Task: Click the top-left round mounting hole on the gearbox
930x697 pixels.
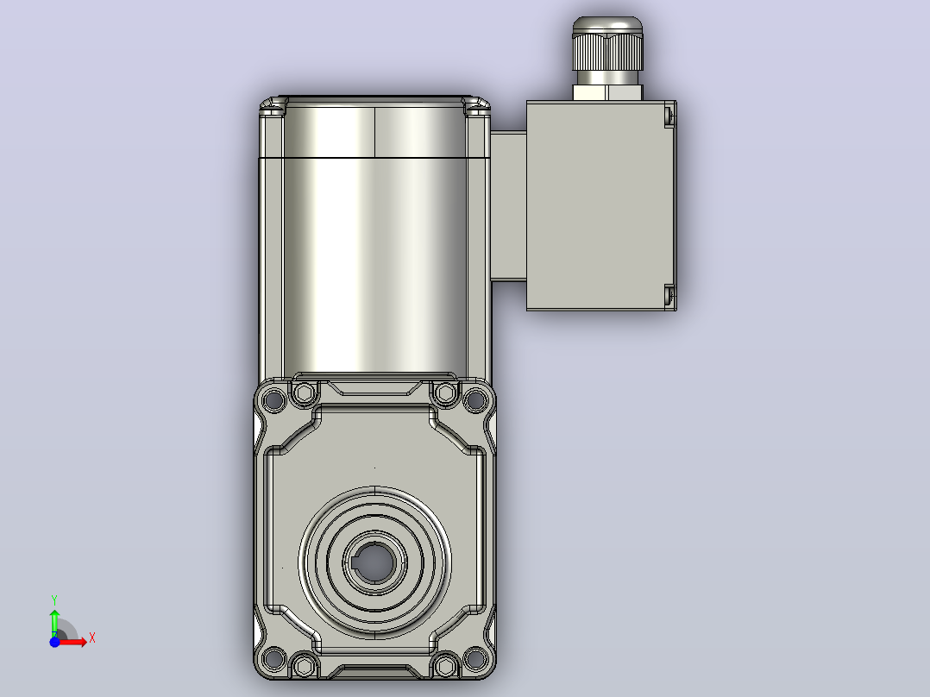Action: click(x=273, y=399)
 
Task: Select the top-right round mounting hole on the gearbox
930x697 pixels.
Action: click(x=475, y=399)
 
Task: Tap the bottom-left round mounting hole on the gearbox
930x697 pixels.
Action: click(x=273, y=658)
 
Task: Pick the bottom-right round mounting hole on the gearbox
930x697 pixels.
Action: click(x=475, y=658)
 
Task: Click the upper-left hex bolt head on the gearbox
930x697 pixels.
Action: click(x=305, y=392)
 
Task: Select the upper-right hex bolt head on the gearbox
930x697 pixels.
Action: click(x=445, y=392)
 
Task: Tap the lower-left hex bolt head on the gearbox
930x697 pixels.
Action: click(x=305, y=665)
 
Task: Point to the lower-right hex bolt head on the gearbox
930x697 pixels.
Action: click(x=445, y=665)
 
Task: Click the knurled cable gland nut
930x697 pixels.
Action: click(x=607, y=53)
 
